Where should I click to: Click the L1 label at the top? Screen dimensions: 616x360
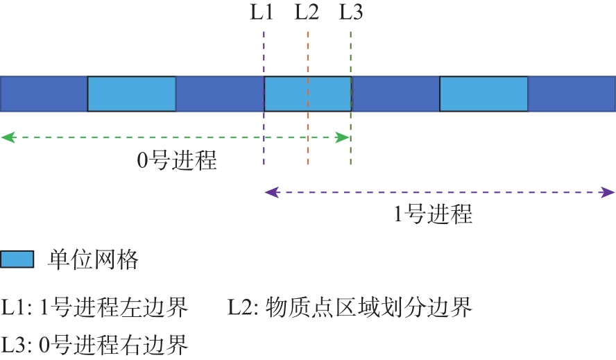262,12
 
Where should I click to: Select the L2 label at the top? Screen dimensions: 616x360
307,12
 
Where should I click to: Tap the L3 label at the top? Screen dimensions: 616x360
351,12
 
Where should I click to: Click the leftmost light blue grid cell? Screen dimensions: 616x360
132,94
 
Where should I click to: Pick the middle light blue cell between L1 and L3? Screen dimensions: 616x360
308,94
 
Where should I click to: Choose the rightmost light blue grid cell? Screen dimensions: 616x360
484,94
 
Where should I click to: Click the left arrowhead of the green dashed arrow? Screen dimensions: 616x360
8,137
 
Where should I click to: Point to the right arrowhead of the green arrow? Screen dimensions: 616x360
342,137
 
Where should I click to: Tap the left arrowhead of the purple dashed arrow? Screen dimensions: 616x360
272,193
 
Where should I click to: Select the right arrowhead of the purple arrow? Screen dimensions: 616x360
608,193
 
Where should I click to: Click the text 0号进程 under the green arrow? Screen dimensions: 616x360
177,160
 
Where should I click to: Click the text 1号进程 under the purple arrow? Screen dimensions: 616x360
433,214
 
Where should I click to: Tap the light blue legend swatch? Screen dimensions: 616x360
17,259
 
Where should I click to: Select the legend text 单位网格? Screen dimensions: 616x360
93,260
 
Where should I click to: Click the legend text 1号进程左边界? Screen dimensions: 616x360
114,307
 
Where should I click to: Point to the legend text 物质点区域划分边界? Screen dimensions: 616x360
369,307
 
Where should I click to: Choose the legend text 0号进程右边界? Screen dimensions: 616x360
114,345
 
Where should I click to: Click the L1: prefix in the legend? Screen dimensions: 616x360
17,307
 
